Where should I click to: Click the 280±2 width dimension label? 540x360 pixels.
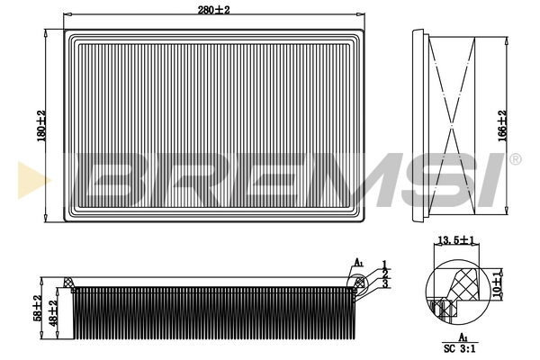(x=213, y=10)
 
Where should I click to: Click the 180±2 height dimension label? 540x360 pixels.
(x=41, y=126)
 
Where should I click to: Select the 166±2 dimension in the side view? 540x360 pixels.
(x=502, y=126)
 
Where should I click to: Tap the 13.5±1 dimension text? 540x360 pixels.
(x=456, y=239)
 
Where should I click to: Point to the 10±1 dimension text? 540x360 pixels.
(x=496, y=284)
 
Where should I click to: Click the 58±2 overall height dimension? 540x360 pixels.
(x=38, y=308)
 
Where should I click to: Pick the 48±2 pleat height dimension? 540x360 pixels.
(x=52, y=313)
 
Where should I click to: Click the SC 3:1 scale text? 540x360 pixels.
(x=459, y=348)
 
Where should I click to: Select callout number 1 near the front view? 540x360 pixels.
(x=384, y=265)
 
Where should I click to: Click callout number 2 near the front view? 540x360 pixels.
(x=385, y=274)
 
